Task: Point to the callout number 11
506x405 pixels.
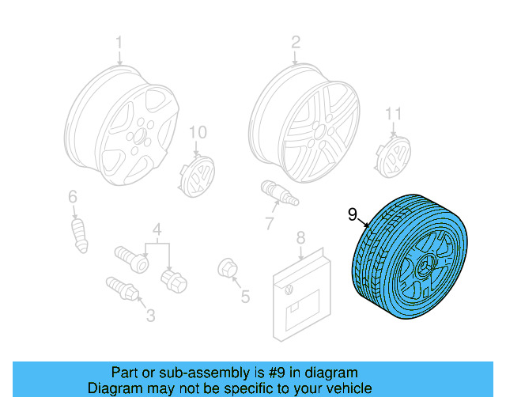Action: point(394,115)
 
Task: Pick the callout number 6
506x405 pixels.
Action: point(72,196)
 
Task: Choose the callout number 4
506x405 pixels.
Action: point(157,230)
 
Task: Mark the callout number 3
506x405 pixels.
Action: point(150,316)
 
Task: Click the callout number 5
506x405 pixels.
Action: point(245,297)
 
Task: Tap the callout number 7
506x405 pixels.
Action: point(269,224)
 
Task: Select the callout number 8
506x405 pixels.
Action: point(300,237)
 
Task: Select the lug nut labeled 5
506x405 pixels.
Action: point(225,269)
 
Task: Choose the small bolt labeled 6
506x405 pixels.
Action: point(80,234)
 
